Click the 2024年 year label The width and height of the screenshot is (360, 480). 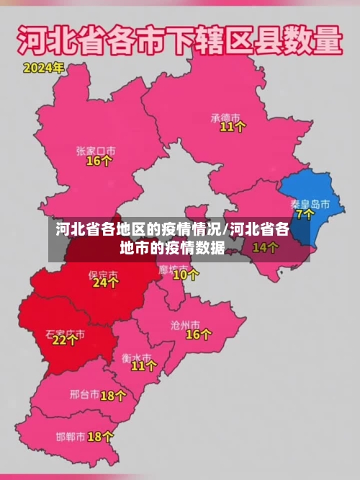click(43, 68)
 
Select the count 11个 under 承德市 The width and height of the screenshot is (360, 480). click(233, 127)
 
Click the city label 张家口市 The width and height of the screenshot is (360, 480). click(96, 151)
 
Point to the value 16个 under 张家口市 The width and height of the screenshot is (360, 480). click(99, 161)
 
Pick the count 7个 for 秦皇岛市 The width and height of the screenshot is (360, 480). click(305, 214)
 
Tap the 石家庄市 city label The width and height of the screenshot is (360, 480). click(65, 334)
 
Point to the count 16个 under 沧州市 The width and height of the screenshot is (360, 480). click(199, 334)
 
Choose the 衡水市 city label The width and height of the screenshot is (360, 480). click(136, 357)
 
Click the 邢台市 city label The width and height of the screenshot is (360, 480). click(84, 395)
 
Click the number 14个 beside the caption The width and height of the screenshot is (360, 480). click(265, 247)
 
